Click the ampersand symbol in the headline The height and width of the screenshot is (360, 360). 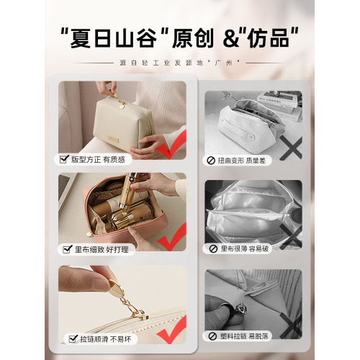click(x=231, y=39)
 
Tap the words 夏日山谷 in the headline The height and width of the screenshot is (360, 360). click(x=114, y=38)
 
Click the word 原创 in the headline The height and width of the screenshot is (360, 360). click(x=193, y=38)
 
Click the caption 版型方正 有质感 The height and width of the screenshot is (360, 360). click(x=98, y=159)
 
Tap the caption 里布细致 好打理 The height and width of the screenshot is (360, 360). click(x=102, y=249)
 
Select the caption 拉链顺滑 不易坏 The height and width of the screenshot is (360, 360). click(x=106, y=339)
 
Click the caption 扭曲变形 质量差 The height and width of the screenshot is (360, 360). click(x=241, y=161)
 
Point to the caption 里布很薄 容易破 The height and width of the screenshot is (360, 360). click(x=244, y=248)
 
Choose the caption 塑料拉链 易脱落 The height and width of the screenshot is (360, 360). click(x=244, y=336)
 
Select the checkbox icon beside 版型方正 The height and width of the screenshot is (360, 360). click(x=64, y=159)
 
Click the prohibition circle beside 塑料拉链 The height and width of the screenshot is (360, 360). click(x=212, y=336)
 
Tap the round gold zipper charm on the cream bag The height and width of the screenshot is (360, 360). click(x=122, y=105)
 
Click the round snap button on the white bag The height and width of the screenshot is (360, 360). click(x=251, y=138)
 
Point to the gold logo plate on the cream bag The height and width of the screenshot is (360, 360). click(x=113, y=138)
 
